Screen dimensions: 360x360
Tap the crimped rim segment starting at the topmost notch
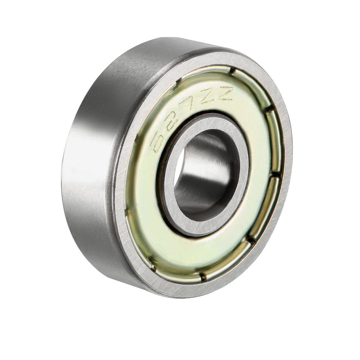click(252, 85)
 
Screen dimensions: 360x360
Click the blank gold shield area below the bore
click(196, 252)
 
